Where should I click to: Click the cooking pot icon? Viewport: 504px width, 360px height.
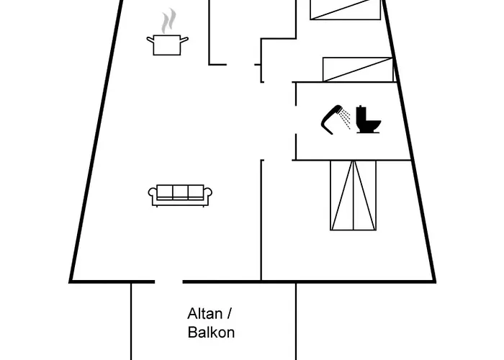pyautogui.click(x=168, y=45)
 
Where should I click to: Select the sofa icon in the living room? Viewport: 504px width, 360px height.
pyautogui.click(x=180, y=195)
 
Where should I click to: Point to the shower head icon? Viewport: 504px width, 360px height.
pyautogui.click(x=332, y=118)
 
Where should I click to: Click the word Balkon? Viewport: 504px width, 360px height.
pyautogui.click(x=211, y=333)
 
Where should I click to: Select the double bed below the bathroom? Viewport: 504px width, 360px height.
pyautogui.click(x=353, y=195)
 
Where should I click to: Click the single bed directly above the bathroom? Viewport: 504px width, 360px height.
pyautogui.click(x=358, y=69)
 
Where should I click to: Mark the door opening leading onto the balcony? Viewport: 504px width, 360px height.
pyautogui.click(x=168, y=282)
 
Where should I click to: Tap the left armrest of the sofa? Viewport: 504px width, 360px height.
pyautogui.click(x=153, y=194)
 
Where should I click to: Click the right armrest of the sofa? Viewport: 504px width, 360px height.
pyautogui.click(x=208, y=194)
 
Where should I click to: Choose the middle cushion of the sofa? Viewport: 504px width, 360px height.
pyautogui.click(x=180, y=192)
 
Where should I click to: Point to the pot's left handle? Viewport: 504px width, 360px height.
pyautogui.click(x=150, y=39)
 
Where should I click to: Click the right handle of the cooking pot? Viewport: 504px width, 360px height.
pyautogui.click(x=185, y=39)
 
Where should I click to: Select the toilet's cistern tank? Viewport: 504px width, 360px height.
pyautogui.click(x=362, y=112)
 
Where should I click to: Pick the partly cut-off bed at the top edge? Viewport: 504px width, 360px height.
pyautogui.click(x=346, y=9)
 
